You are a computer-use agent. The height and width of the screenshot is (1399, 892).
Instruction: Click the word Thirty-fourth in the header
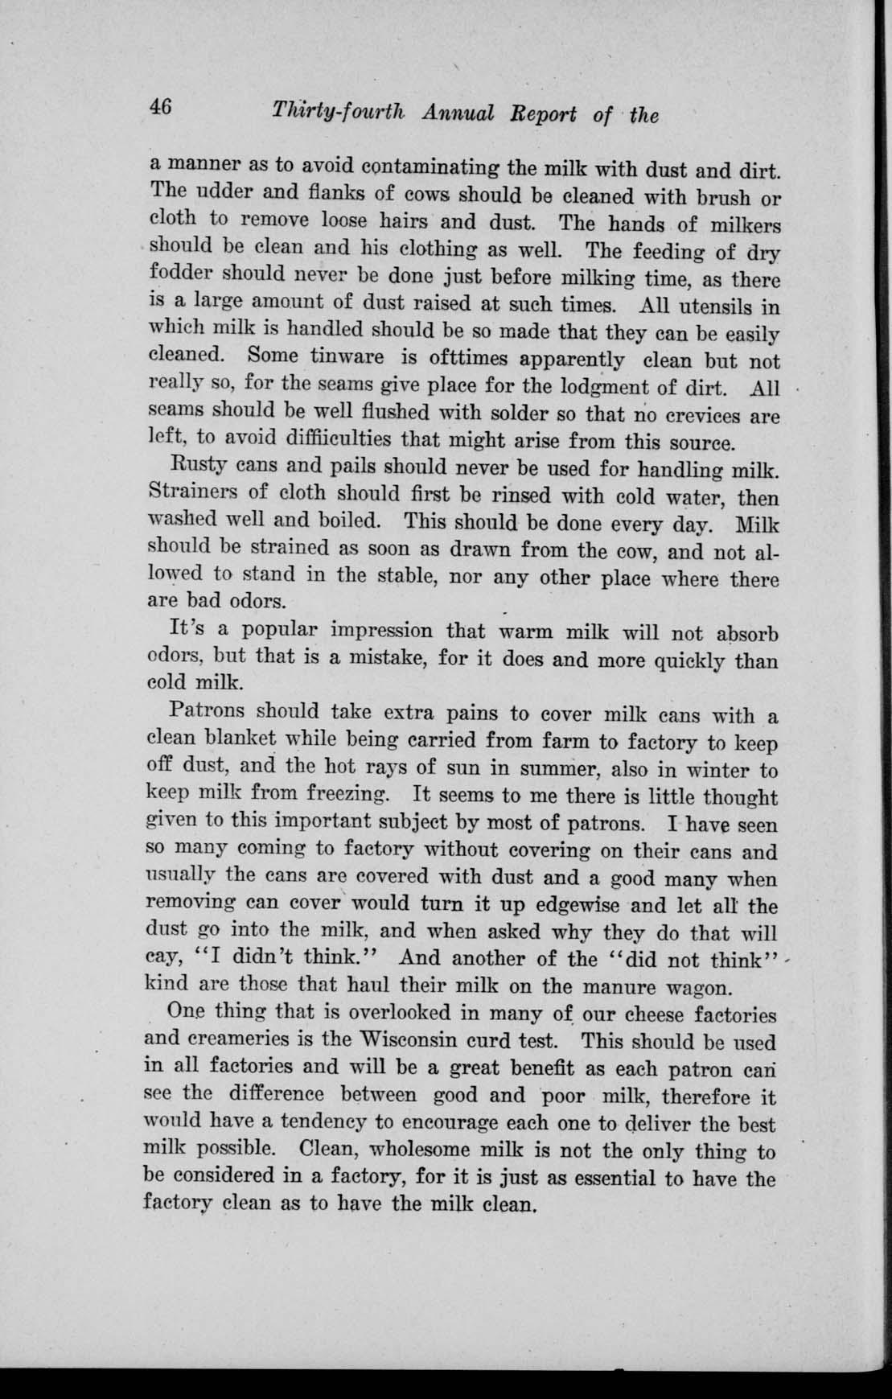click(341, 112)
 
